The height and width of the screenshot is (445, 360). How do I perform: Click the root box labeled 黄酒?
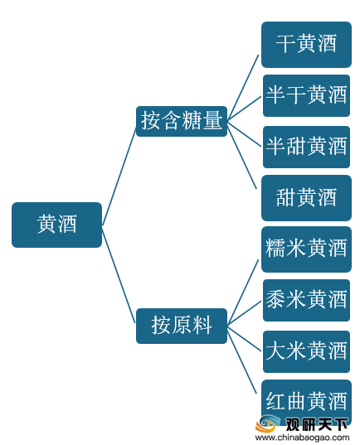pyautogui.click(x=56, y=225)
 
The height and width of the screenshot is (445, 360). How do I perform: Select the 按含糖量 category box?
pyautogui.click(x=182, y=121)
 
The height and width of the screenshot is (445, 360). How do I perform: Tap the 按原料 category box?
pyautogui.click(x=182, y=326)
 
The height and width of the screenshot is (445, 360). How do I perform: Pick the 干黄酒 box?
pyautogui.click(x=306, y=45)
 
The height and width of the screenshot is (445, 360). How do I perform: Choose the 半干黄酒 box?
pyautogui.click(x=306, y=95)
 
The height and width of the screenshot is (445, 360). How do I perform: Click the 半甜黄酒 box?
pyautogui.click(x=306, y=147)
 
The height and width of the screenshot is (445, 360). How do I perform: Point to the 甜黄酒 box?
pyautogui.click(x=306, y=198)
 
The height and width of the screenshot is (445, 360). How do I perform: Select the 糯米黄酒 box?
pyautogui.click(x=306, y=249)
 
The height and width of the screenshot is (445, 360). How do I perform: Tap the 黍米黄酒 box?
pyautogui.click(x=306, y=300)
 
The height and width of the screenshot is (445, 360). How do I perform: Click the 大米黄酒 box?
pyautogui.click(x=306, y=351)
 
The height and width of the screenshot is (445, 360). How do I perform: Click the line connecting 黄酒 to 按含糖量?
pyautogui.click(x=119, y=177)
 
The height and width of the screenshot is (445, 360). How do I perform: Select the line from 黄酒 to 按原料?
pyautogui.click(x=119, y=274)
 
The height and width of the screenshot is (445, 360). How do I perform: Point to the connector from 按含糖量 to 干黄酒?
pyautogui.click(x=243, y=87)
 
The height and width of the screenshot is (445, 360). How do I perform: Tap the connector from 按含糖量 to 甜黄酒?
pyautogui.click(x=242, y=154)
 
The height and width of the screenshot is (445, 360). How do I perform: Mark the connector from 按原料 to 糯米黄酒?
pyautogui.click(x=243, y=292)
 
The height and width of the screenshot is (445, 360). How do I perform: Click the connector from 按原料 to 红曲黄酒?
pyautogui.click(x=242, y=360)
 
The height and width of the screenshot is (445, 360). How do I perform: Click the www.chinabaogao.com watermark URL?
pyautogui.click(x=302, y=438)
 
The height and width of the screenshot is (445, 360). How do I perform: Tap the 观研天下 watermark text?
pyautogui.click(x=317, y=425)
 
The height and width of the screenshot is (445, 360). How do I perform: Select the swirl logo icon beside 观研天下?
pyautogui.click(x=268, y=423)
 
